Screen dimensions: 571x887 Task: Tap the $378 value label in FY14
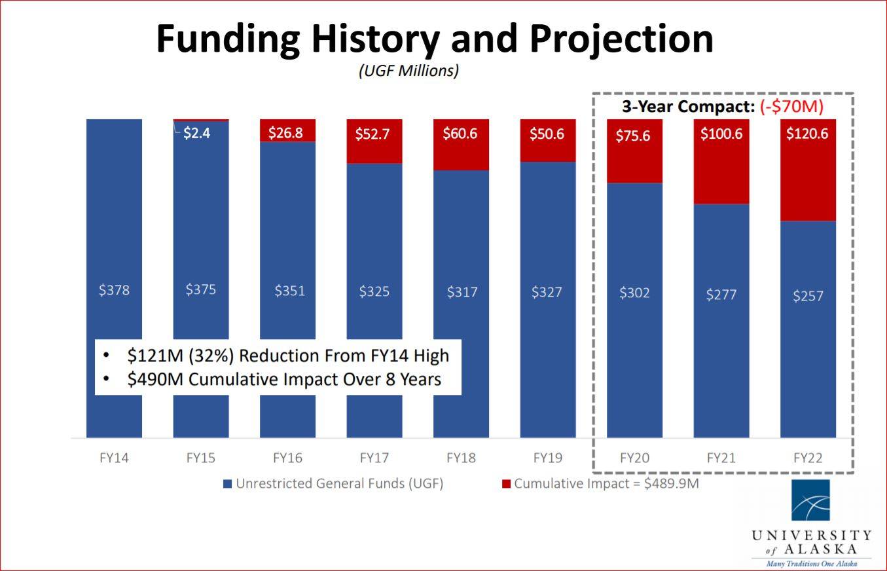[115, 290]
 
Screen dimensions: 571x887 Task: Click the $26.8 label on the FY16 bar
[287, 133]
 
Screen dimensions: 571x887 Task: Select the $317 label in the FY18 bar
[461, 292]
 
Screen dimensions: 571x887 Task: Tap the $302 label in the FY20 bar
[634, 293]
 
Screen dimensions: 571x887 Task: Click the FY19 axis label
[547, 458]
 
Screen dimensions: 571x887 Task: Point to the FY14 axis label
[114, 458]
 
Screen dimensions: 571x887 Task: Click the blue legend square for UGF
[228, 484]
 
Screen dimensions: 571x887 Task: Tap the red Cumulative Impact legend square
[505, 484]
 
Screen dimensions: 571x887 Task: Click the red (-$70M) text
[791, 107]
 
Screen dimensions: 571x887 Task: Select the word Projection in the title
[622, 39]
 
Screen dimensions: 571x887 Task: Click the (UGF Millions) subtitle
[408, 71]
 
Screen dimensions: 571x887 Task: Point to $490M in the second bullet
[150, 380]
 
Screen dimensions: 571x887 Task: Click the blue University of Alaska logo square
[810, 500]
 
